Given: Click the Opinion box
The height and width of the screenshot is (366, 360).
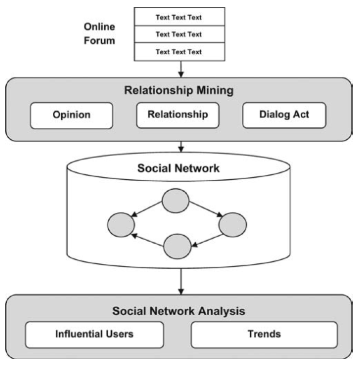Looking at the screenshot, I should pos(71,115).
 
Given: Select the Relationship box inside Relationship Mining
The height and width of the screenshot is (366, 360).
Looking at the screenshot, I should pos(178,115).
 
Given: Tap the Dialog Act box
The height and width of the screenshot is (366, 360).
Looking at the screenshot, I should pos(284,115).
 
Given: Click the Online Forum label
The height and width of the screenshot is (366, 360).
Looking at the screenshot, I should pos(99,34).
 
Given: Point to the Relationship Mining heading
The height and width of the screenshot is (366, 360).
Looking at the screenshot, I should pos(179,90).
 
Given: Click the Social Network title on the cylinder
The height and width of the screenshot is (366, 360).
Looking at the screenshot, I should pos(178,168).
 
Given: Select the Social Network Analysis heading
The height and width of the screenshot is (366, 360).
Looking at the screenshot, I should pos(179,311).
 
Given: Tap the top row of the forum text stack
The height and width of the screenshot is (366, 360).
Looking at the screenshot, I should pos(179,17).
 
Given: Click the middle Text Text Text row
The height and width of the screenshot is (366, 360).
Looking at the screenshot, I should pos(179,34).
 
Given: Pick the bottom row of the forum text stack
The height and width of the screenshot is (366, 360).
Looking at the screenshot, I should pos(179,52).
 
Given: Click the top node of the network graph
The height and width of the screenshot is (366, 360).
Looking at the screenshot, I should pos(176,200).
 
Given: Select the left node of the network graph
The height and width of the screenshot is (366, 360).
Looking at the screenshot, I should pos(121,224).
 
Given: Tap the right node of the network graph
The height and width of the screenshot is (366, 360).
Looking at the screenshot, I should pos(233,224).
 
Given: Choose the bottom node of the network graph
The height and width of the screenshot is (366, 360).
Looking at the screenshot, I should pos(178,246).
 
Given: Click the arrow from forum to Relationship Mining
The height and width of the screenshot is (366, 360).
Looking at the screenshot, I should pos(181,69).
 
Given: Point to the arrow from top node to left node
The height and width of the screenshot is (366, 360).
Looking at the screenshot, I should pos(148,210).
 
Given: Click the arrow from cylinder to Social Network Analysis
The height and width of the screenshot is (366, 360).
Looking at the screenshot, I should pos(181,281).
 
